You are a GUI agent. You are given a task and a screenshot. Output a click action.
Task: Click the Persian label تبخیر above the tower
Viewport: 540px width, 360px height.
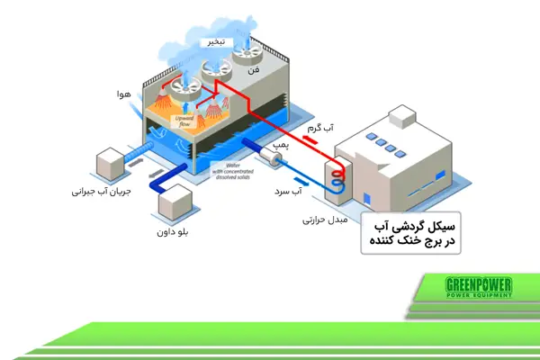pyautogui.click(x=220, y=42)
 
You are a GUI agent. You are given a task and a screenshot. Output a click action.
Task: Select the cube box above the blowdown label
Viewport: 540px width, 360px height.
pyautogui.click(x=175, y=201)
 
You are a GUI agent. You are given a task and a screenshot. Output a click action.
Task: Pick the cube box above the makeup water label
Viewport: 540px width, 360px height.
pyautogui.click(x=112, y=162)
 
